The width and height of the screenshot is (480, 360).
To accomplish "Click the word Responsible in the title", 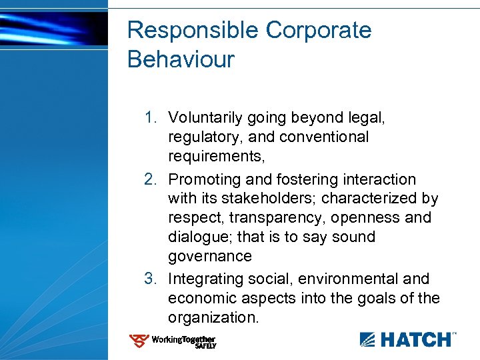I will click(193, 31).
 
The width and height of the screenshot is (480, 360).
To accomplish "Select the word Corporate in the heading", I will click(319, 31).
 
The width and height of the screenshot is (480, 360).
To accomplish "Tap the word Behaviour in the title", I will click(181, 59).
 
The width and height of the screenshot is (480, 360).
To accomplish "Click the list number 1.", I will click(151, 118).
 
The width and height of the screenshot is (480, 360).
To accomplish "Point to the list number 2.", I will click(151, 179).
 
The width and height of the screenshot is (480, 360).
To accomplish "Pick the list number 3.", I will click(151, 279).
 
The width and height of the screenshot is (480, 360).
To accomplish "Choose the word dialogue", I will click(198, 237).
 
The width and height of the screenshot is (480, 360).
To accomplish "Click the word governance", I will click(210, 257).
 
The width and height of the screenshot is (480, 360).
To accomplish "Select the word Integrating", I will click(209, 279).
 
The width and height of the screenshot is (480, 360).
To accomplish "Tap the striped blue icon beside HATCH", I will click(369, 340).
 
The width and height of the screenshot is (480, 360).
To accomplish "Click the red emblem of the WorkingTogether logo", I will click(139, 341).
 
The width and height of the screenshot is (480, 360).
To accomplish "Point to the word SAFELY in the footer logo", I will click(205, 347).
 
